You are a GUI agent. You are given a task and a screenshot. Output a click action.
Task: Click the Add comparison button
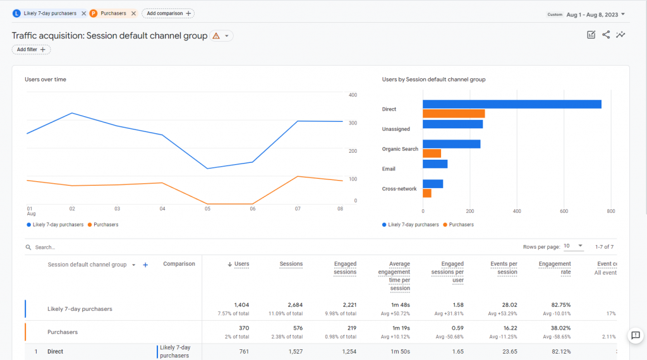167,13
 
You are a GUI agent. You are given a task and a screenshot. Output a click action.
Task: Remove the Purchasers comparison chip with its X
133,13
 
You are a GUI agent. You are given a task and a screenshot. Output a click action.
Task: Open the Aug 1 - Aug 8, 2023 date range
593,14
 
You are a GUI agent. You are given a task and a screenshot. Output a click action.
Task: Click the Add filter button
31,49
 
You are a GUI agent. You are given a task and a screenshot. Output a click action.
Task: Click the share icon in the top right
606,35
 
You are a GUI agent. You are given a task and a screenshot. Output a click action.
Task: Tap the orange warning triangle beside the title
216,36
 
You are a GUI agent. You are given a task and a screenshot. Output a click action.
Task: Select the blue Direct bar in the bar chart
512,104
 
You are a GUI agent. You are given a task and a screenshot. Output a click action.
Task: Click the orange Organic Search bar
432,153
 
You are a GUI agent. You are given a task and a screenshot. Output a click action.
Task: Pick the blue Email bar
435,164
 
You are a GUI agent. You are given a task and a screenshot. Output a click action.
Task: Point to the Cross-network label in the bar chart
399,189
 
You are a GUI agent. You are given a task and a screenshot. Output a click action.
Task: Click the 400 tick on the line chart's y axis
353,95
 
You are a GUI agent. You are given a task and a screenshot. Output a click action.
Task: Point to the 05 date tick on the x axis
207,208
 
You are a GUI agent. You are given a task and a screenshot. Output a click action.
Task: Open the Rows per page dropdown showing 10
574,246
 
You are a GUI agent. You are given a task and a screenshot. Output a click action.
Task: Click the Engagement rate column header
554,268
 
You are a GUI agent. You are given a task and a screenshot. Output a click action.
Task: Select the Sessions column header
291,264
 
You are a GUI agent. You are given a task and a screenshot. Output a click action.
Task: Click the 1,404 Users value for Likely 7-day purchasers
241,304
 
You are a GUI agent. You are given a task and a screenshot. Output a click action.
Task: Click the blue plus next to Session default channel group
145,265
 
